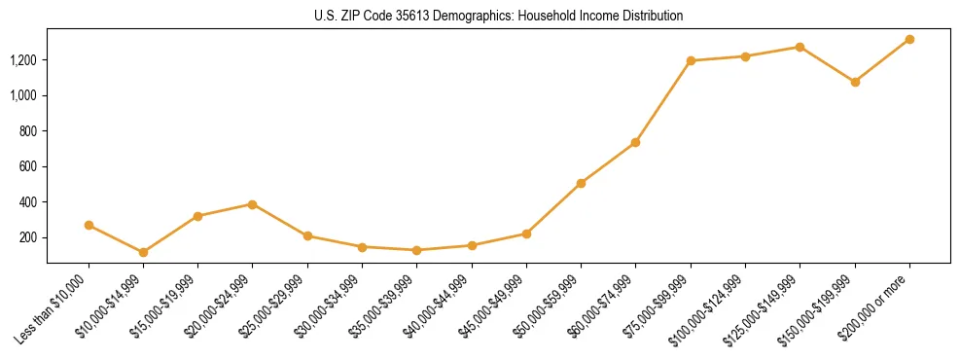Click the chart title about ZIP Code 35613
pos(498,16)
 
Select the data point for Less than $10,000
pos(89,225)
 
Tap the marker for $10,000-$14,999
pos(144,252)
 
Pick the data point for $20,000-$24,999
pos(253,204)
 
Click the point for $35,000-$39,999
pos(417,250)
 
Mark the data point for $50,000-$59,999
pos(581,183)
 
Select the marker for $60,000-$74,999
pos(635,142)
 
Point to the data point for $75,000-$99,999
pos(691,60)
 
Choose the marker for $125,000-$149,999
pos(800,47)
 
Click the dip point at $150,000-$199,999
pos(855,82)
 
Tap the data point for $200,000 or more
pos(909,39)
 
